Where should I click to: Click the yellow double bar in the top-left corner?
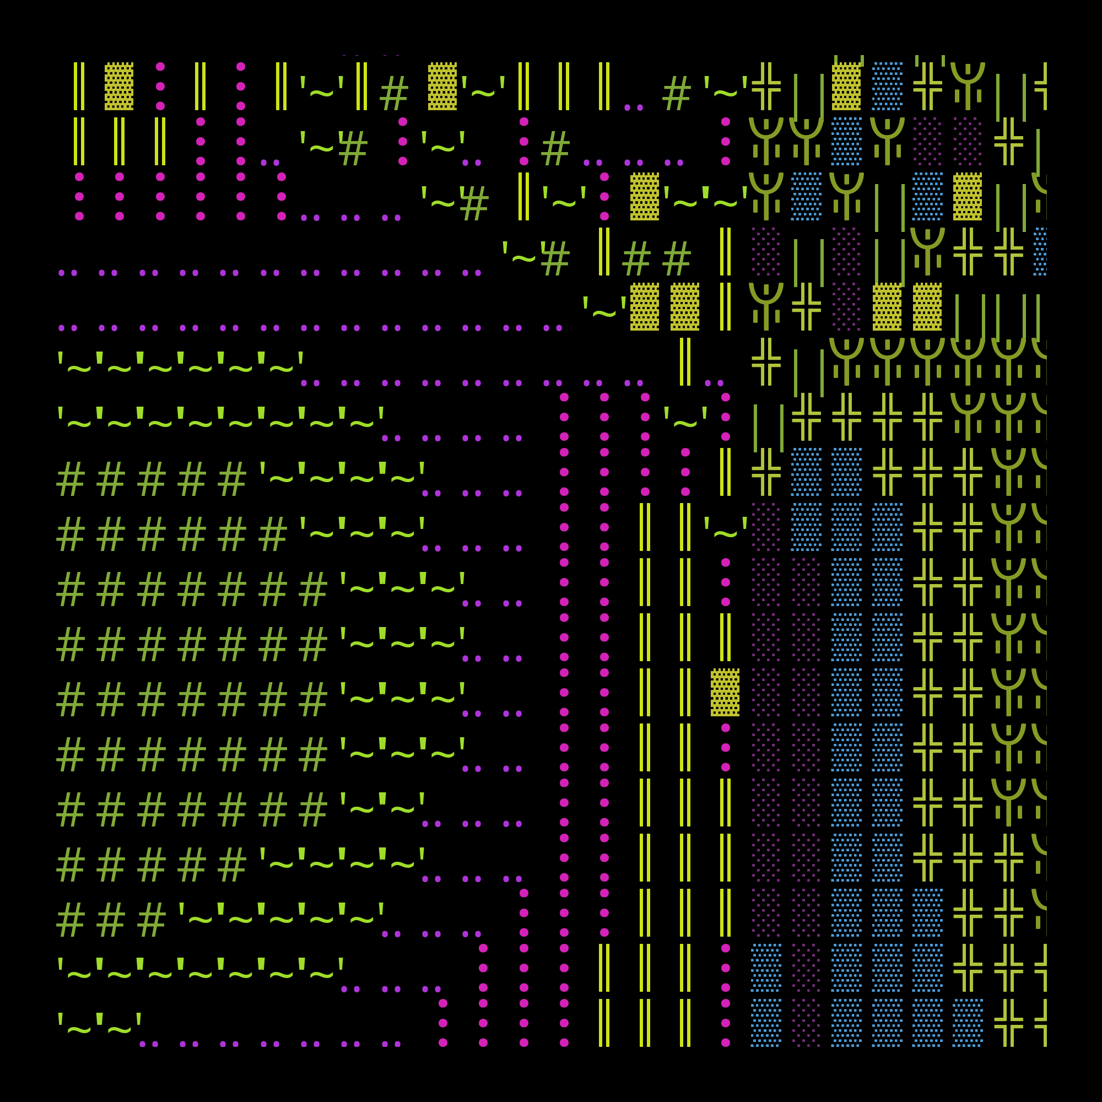coord(79,86)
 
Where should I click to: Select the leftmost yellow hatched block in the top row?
coord(118,86)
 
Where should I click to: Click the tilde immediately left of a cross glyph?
coord(726,86)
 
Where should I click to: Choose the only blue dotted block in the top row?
coord(887,86)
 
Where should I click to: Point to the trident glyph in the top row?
coord(968,86)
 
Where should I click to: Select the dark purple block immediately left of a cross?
coord(968,142)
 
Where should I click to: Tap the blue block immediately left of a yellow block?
coord(927,196)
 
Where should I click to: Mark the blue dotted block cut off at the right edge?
coord(1040,252)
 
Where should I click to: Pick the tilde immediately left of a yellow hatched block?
coord(604,307)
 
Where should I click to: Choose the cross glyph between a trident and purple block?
coord(806,307)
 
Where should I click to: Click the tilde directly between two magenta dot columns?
coord(685,417)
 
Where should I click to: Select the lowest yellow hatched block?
coord(725,693)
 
